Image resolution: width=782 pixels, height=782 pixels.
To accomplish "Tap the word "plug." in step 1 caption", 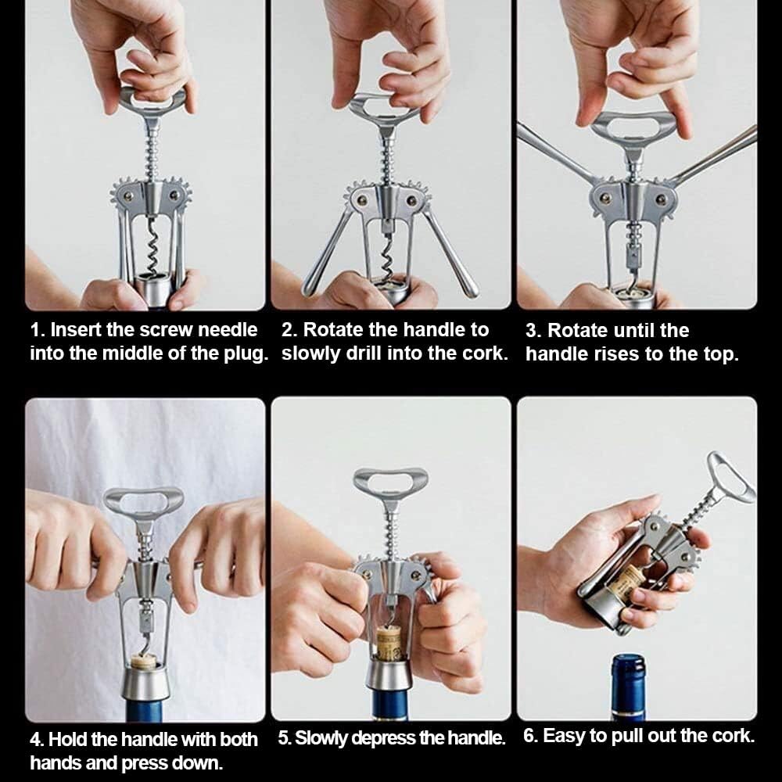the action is (x=244, y=353).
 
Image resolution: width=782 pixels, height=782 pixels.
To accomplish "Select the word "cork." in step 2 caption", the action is (x=486, y=353).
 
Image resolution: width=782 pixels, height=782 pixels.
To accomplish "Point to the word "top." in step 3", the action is (x=721, y=353).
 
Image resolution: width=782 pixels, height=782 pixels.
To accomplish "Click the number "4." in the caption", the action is (x=37, y=739).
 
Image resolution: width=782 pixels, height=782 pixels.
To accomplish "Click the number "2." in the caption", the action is (x=290, y=330).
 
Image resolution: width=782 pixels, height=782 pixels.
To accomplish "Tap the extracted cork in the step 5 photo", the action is (x=389, y=644).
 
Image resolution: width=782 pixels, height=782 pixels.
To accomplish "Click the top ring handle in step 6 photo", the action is (x=731, y=475).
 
